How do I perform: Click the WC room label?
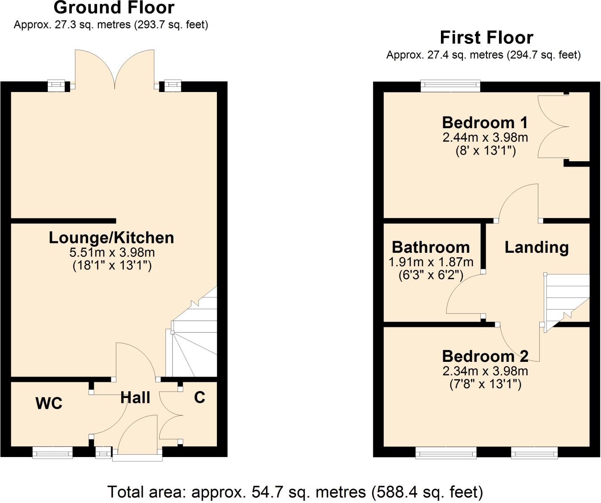pos(49,403)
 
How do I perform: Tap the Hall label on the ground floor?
pos(135,398)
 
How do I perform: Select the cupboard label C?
pos(199,397)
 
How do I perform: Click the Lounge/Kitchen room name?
pos(111,238)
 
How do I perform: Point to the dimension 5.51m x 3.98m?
pos(112,252)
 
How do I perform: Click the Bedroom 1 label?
pos(485,122)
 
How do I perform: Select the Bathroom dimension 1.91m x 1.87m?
pos(431,262)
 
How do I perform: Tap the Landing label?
pos(537,247)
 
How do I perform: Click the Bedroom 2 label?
pos(485,356)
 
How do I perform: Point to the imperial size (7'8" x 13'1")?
pos(485,384)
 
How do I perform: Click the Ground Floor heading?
pos(114,8)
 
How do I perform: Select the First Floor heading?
pos(487,38)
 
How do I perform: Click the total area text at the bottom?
pos(295,492)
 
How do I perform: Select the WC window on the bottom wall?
pos(52,452)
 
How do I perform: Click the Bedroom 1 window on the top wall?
pos(450,86)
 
